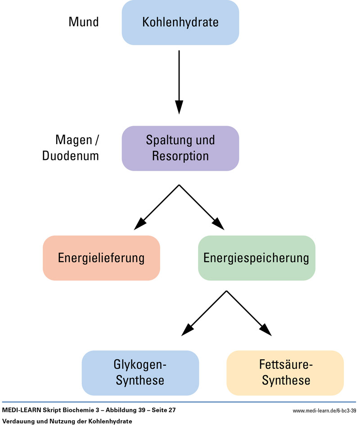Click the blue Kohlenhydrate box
click(180, 22)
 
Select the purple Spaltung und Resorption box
click(180, 148)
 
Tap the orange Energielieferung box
click(101, 258)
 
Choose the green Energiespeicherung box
click(256, 258)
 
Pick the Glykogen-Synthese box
click(140, 372)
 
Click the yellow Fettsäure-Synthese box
click(285, 372)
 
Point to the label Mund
click(83, 22)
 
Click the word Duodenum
click(71, 156)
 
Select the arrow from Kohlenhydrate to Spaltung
click(179, 81)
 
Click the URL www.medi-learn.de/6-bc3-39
click(324, 411)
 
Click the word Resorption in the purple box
click(180, 156)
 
